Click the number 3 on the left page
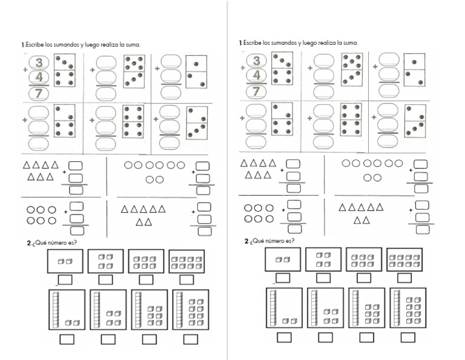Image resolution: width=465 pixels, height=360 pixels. pos(39,62)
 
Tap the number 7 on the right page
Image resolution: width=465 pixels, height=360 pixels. pos(256,91)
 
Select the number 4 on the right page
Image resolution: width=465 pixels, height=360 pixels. pos(257,75)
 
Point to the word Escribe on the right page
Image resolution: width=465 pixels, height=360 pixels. pos(252,43)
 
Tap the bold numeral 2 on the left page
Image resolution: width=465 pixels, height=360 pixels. pos(29,243)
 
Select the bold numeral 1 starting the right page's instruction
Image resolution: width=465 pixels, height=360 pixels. pos(240,43)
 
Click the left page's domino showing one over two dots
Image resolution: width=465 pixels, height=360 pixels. pos(196,72)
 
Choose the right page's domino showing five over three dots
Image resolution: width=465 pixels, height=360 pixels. pos(352,70)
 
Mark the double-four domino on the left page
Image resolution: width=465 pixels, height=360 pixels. pos(133,121)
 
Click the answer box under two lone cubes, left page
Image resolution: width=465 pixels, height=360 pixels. pos(65,279)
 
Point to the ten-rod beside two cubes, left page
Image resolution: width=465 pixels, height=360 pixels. pos(56,309)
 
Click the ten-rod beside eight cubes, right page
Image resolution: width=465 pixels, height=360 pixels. pos(397,307)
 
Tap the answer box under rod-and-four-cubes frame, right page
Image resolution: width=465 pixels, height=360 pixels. pos(325,337)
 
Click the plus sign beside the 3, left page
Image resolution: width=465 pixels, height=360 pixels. pos(25,70)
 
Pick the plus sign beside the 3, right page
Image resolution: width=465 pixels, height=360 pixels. pos(243,68)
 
